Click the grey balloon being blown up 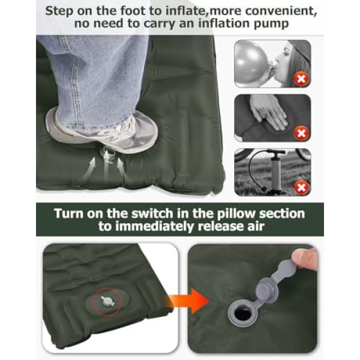251,62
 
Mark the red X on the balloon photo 301,79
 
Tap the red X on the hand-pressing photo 301,133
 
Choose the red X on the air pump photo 301,188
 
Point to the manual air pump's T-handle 275,152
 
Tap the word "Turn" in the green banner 68,214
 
